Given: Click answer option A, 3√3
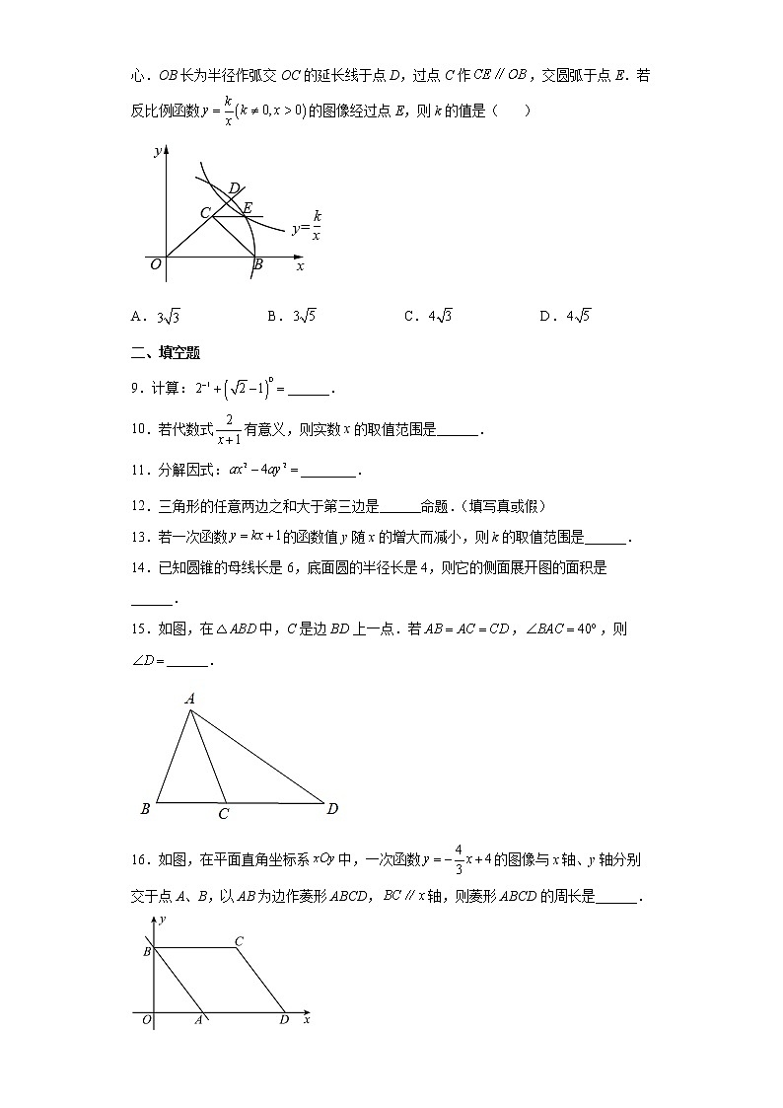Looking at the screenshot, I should click(x=154, y=317).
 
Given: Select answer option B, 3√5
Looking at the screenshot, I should click(x=291, y=317).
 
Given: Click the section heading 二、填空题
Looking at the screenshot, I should click(x=166, y=353).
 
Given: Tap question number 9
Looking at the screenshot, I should click(x=137, y=390).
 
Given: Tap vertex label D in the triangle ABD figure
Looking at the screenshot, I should click(x=332, y=809).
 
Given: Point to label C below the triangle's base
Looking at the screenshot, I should click(x=224, y=815).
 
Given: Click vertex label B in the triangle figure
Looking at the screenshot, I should click(x=146, y=809).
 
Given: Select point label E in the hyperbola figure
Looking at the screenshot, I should click(x=248, y=207).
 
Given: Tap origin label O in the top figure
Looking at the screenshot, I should click(x=155, y=264).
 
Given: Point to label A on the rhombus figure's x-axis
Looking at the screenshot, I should click(x=198, y=1020).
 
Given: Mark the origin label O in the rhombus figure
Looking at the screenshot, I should click(x=146, y=1020).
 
